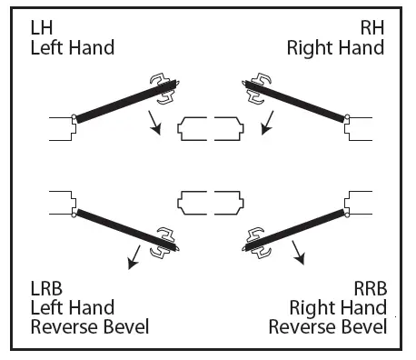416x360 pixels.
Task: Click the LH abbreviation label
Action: pyautogui.click(x=41, y=27)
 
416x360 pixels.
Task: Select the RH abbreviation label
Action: pyautogui.click(x=371, y=27)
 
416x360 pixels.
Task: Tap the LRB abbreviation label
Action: pyautogui.click(x=46, y=288)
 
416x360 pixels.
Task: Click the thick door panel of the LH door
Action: pyautogui.click(x=118, y=103)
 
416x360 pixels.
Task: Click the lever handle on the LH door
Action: pyautogui.click(x=166, y=88)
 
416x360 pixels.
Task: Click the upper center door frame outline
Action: pyautogui.click(x=210, y=129)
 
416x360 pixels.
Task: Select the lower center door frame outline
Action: pyautogui.click(x=210, y=201)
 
